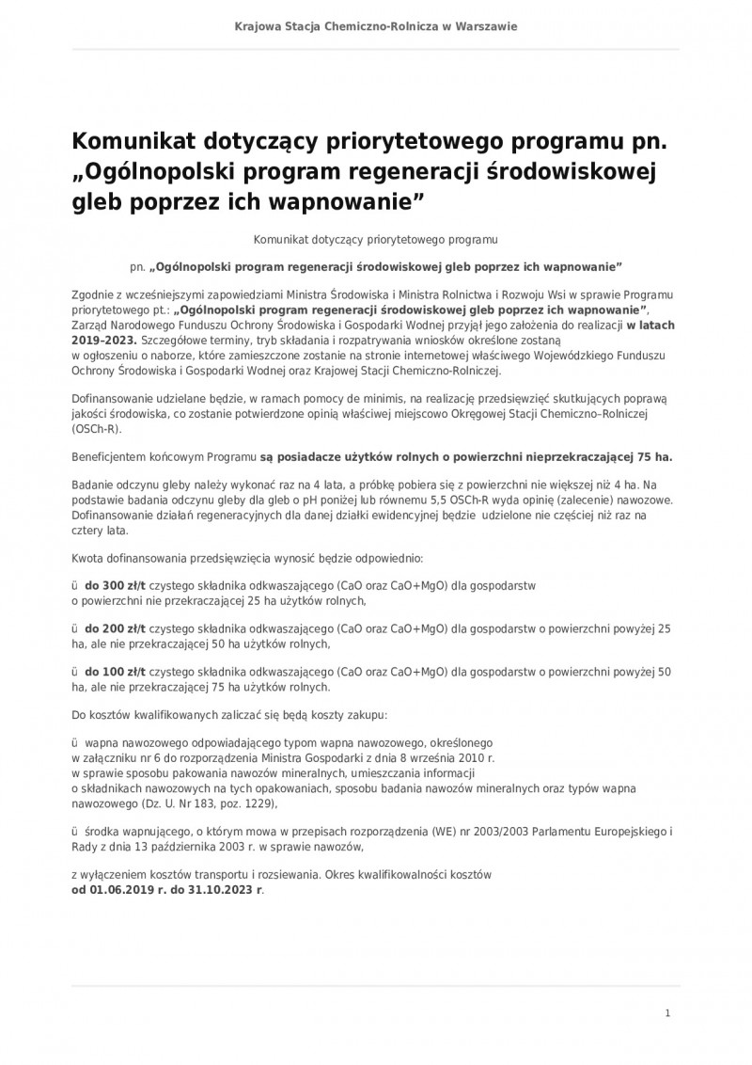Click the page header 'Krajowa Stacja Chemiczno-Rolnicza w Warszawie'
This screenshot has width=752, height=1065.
pyautogui.click(x=376, y=26)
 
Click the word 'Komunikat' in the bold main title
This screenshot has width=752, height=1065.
pyautogui.click(x=138, y=143)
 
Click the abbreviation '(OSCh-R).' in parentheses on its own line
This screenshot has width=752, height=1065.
pyautogui.click(x=97, y=427)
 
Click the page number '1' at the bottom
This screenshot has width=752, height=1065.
pyautogui.click(x=666, y=1013)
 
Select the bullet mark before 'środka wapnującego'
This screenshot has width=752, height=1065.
pyautogui.click(x=75, y=832)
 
